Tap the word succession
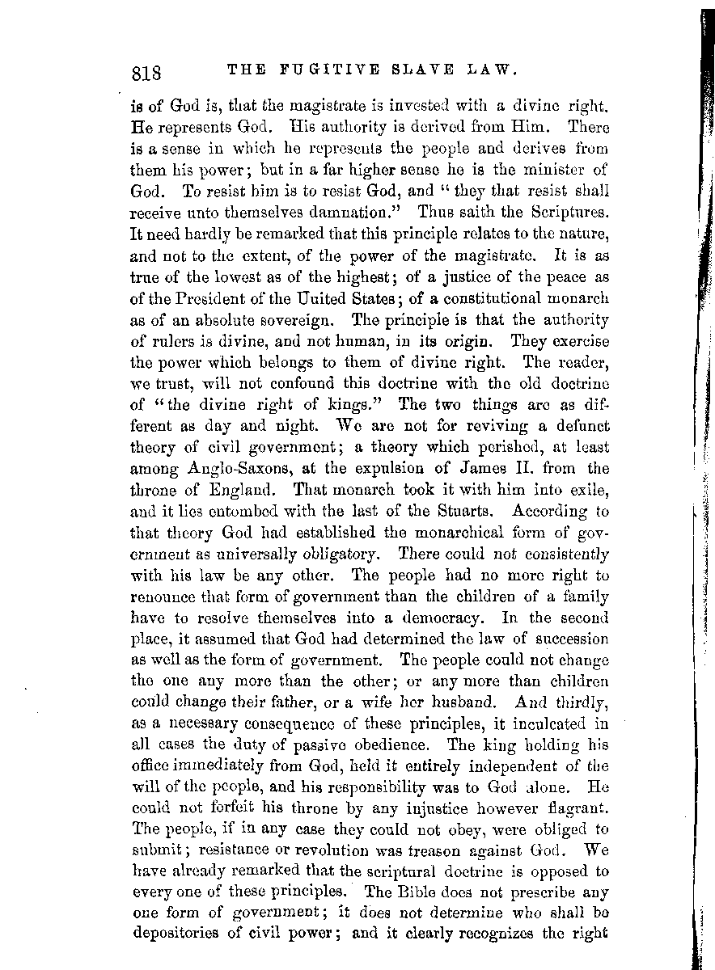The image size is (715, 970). point(570,638)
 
